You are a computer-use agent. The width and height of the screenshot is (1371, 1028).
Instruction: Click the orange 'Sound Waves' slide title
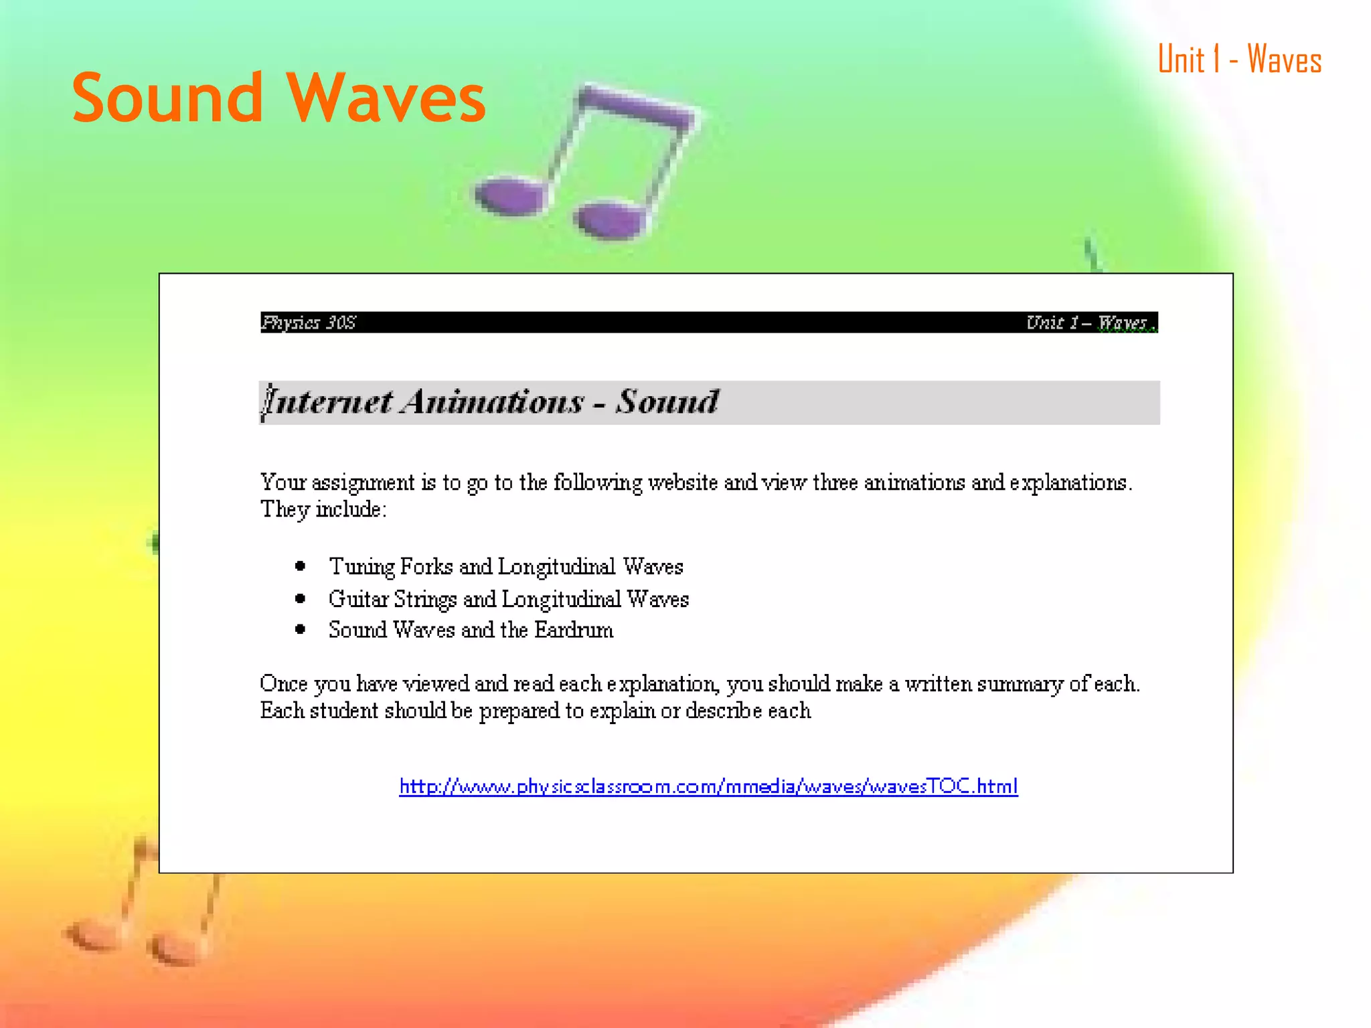pos(278,98)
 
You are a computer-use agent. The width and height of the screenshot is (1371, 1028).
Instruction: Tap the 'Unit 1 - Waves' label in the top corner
pos(1239,60)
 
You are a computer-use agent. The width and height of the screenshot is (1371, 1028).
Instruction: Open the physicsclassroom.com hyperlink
pos(708,786)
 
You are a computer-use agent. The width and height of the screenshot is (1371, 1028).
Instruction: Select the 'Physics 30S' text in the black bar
pos(309,323)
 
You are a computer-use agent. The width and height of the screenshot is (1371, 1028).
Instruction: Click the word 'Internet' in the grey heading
pos(327,402)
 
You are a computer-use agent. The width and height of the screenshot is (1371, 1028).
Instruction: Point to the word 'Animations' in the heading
pos(493,402)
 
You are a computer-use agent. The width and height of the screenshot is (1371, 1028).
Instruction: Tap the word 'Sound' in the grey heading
pos(667,402)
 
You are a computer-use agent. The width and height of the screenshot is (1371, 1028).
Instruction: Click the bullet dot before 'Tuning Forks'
pos(301,566)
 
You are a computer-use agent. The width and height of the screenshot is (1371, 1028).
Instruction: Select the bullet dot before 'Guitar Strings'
pos(301,598)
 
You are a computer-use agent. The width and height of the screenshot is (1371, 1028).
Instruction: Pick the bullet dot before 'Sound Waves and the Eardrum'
pos(301,629)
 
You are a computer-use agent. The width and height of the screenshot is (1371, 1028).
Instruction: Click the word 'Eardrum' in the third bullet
pos(574,630)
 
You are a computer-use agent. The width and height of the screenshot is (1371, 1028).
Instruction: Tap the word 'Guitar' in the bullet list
pos(358,598)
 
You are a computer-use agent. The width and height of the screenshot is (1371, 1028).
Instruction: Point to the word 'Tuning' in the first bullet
pos(361,567)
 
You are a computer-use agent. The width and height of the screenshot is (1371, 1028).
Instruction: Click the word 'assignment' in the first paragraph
pos(363,483)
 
